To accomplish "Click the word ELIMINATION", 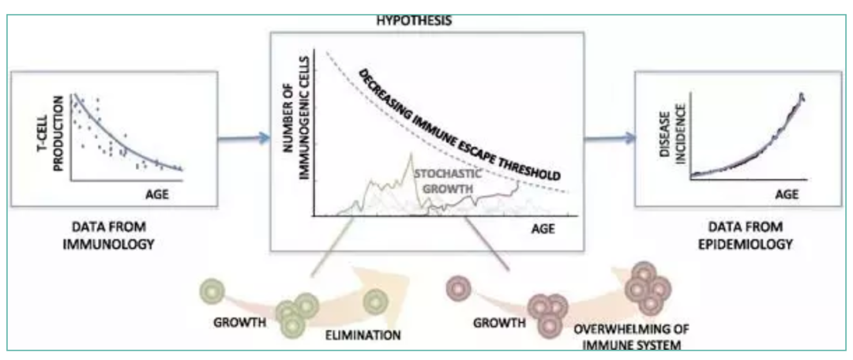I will tap(363, 335).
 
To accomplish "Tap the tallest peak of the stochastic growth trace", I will tap(411, 155).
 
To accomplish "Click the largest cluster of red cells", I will tap(644, 289).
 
